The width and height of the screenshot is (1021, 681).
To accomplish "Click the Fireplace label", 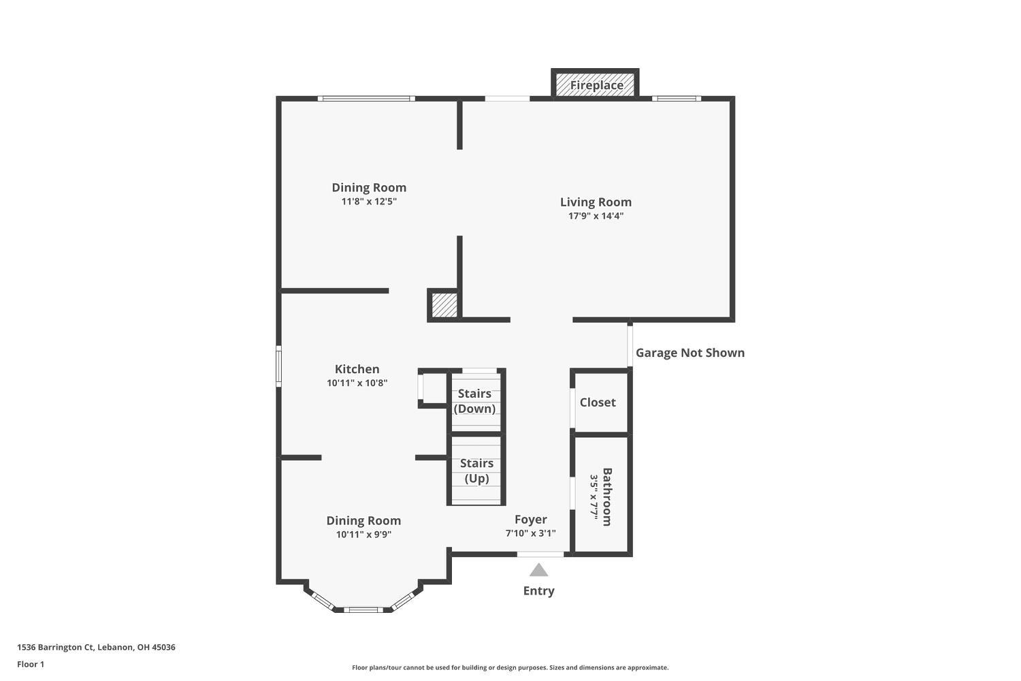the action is tap(597, 85).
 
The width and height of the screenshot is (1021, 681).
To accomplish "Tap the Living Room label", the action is tap(596, 202).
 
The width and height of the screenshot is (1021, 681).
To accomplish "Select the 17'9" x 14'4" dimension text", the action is tap(596, 216).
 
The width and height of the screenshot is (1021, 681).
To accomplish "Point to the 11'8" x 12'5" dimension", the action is tap(369, 201).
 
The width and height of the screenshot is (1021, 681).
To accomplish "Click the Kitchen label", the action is tap(357, 369).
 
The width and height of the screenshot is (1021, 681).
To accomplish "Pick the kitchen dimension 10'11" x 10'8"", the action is tap(357, 383).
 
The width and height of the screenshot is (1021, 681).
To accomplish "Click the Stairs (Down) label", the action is tap(474, 401).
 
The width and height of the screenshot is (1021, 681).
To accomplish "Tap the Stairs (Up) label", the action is tap(476, 471).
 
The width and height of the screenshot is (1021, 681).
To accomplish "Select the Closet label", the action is tap(598, 402).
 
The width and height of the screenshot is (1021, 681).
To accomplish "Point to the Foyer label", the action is tap(530, 520).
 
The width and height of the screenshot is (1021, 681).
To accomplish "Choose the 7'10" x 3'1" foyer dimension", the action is tap(530, 533).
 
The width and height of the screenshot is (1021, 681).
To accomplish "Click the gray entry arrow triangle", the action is tap(539, 571).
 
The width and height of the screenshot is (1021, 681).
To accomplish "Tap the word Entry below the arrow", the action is tap(539, 590).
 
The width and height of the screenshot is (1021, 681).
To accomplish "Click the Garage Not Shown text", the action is tap(690, 353).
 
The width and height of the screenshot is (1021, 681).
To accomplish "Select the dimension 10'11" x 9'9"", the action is tap(363, 535).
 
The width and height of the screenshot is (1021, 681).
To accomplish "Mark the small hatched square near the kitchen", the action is tap(444, 305).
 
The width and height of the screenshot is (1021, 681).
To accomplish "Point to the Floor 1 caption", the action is tap(31, 664).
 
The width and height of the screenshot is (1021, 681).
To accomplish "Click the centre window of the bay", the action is tap(363, 609).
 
